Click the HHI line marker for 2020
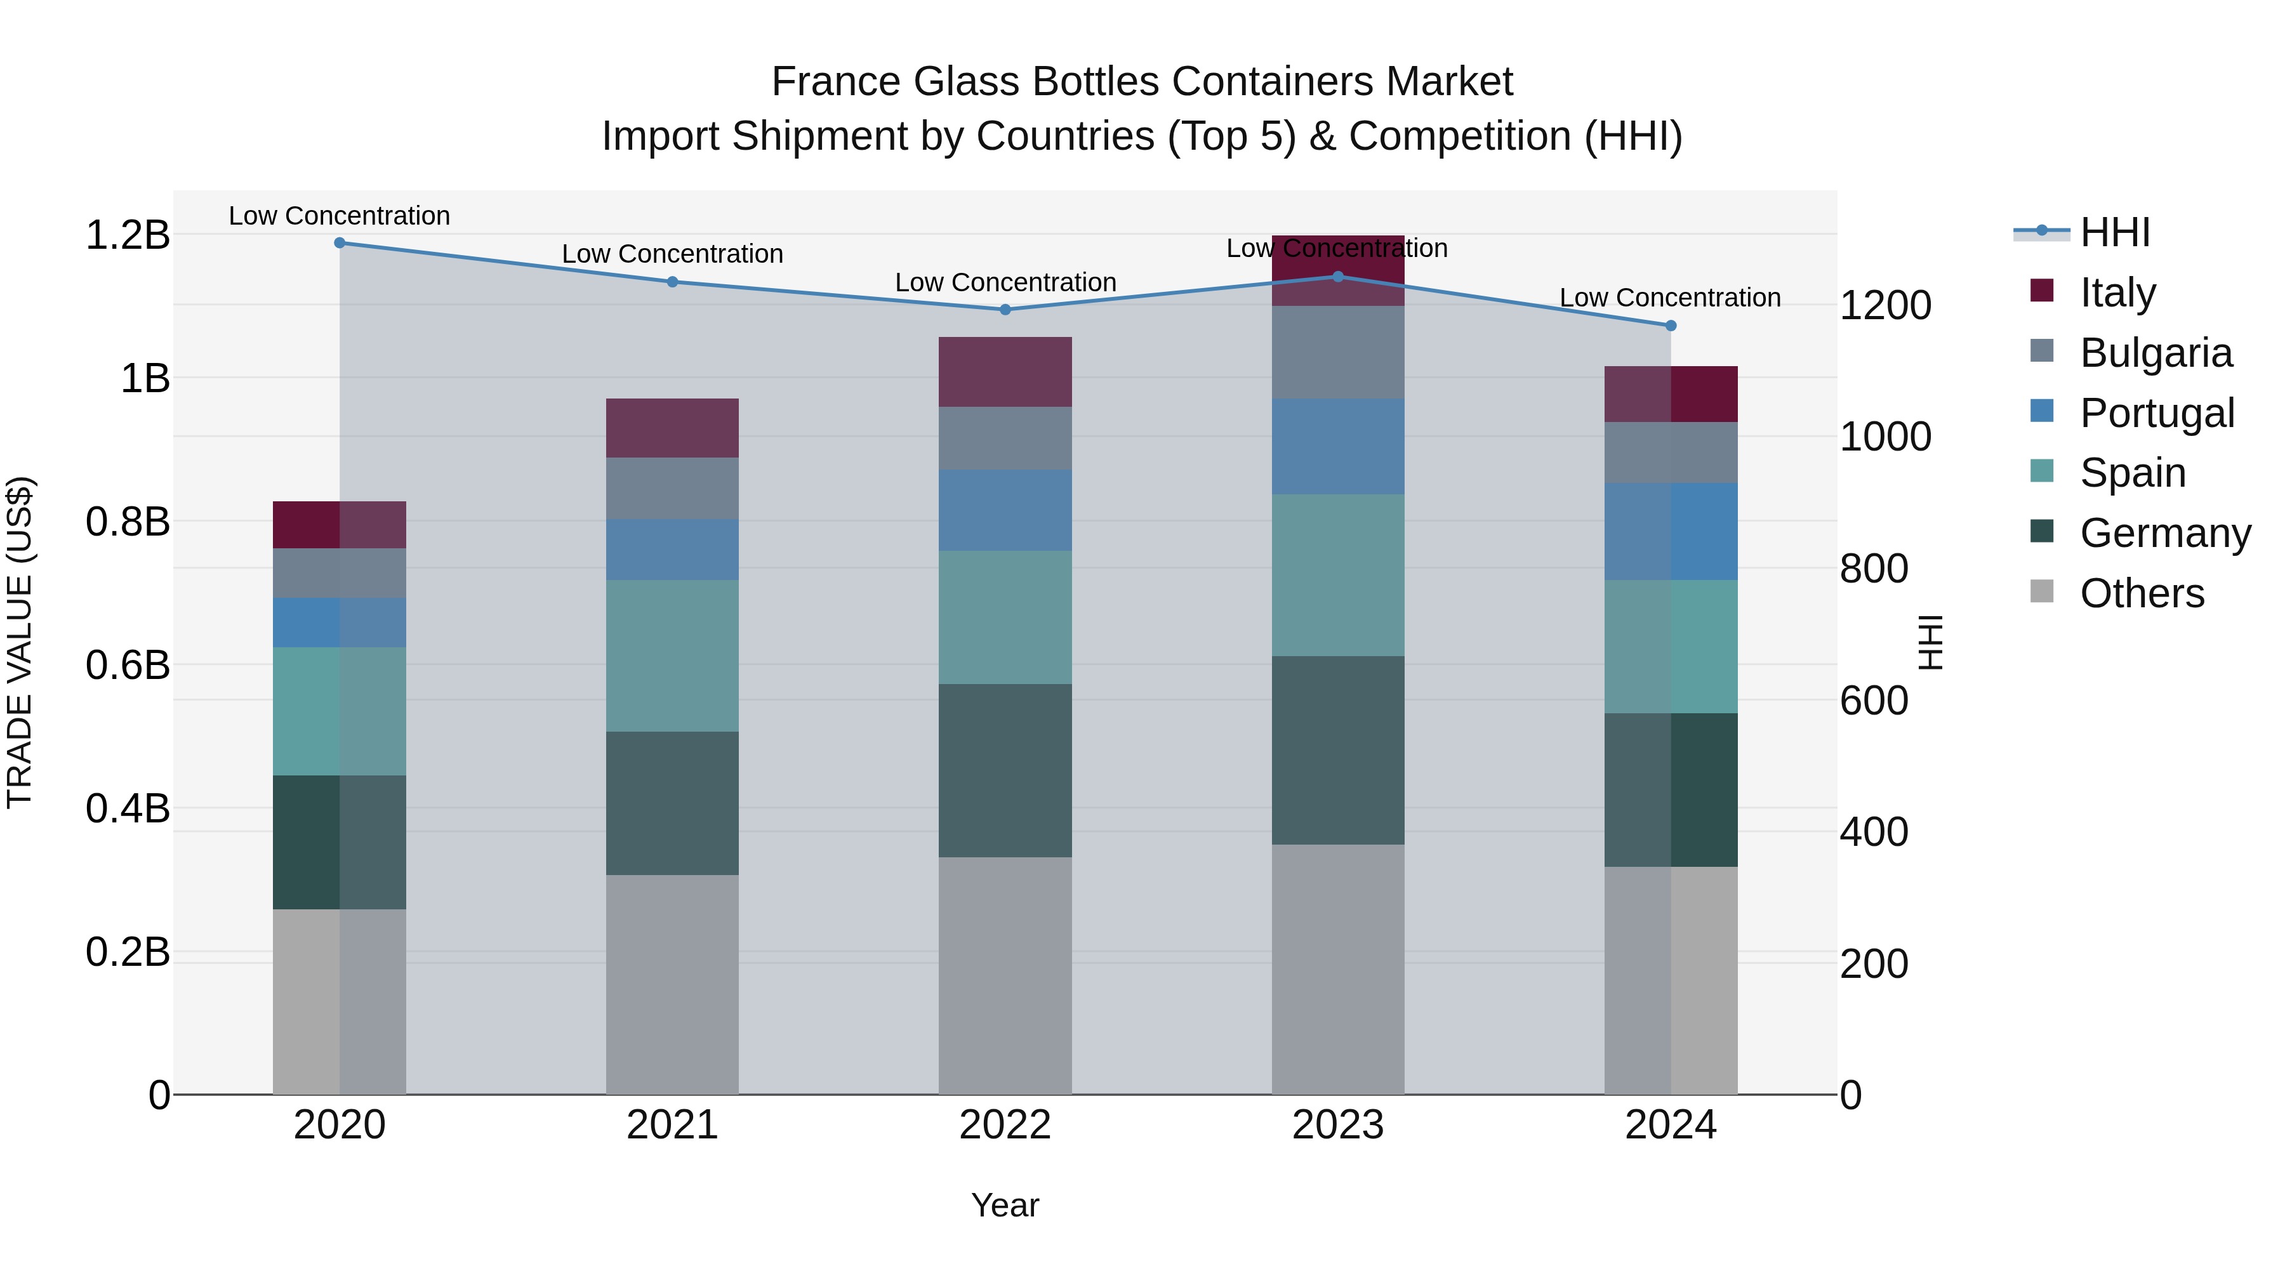(x=340, y=242)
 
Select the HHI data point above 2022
(x=1005, y=310)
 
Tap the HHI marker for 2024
(x=1671, y=326)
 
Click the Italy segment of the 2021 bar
(x=672, y=428)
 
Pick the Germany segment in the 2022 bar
(x=1005, y=770)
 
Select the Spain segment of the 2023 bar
(x=1337, y=575)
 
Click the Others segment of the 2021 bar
(x=672, y=984)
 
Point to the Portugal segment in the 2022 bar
(x=1005, y=510)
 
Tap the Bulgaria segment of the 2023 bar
(x=1337, y=352)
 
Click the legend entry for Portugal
(x=2156, y=413)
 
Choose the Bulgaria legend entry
(x=2156, y=353)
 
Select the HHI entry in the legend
(x=2115, y=232)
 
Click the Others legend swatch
(x=2042, y=591)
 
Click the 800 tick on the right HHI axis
(x=1874, y=569)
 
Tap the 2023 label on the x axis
(x=1337, y=1125)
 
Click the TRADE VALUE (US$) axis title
(x=20, y=642)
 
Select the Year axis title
(x=1004, y=1205)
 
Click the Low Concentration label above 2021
(x=672, y=254)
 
